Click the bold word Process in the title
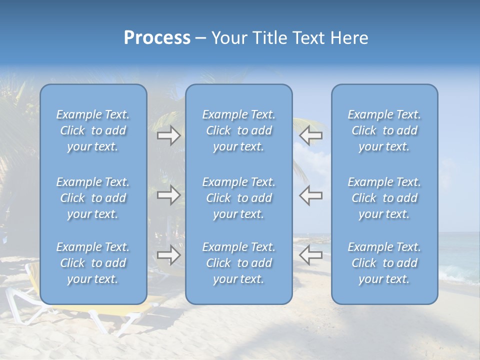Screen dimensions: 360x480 [x=157, y=38]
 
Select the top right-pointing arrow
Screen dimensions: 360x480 [x=168, y=135]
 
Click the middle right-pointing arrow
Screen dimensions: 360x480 [x=168, y=195]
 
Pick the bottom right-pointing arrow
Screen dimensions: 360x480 [x=168, y=255]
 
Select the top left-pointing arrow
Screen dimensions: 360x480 [x=310, y=135]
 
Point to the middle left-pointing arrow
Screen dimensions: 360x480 [x=310, y=195]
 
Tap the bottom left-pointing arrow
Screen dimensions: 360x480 [x=310, y=255]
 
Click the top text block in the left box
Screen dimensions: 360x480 [x=93, y=130]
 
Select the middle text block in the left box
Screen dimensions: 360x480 [x=93, y=198]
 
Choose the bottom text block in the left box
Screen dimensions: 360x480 [x=93, y=263]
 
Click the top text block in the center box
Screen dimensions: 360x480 [x=238, y=130]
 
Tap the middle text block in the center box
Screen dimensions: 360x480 [x=238, y=198]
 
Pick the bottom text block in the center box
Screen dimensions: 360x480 [x=238, y=263]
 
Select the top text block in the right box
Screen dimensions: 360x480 [x=384, y=130]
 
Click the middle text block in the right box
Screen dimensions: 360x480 [x=384, y=198]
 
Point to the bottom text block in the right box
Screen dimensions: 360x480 [x=384, y=263]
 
